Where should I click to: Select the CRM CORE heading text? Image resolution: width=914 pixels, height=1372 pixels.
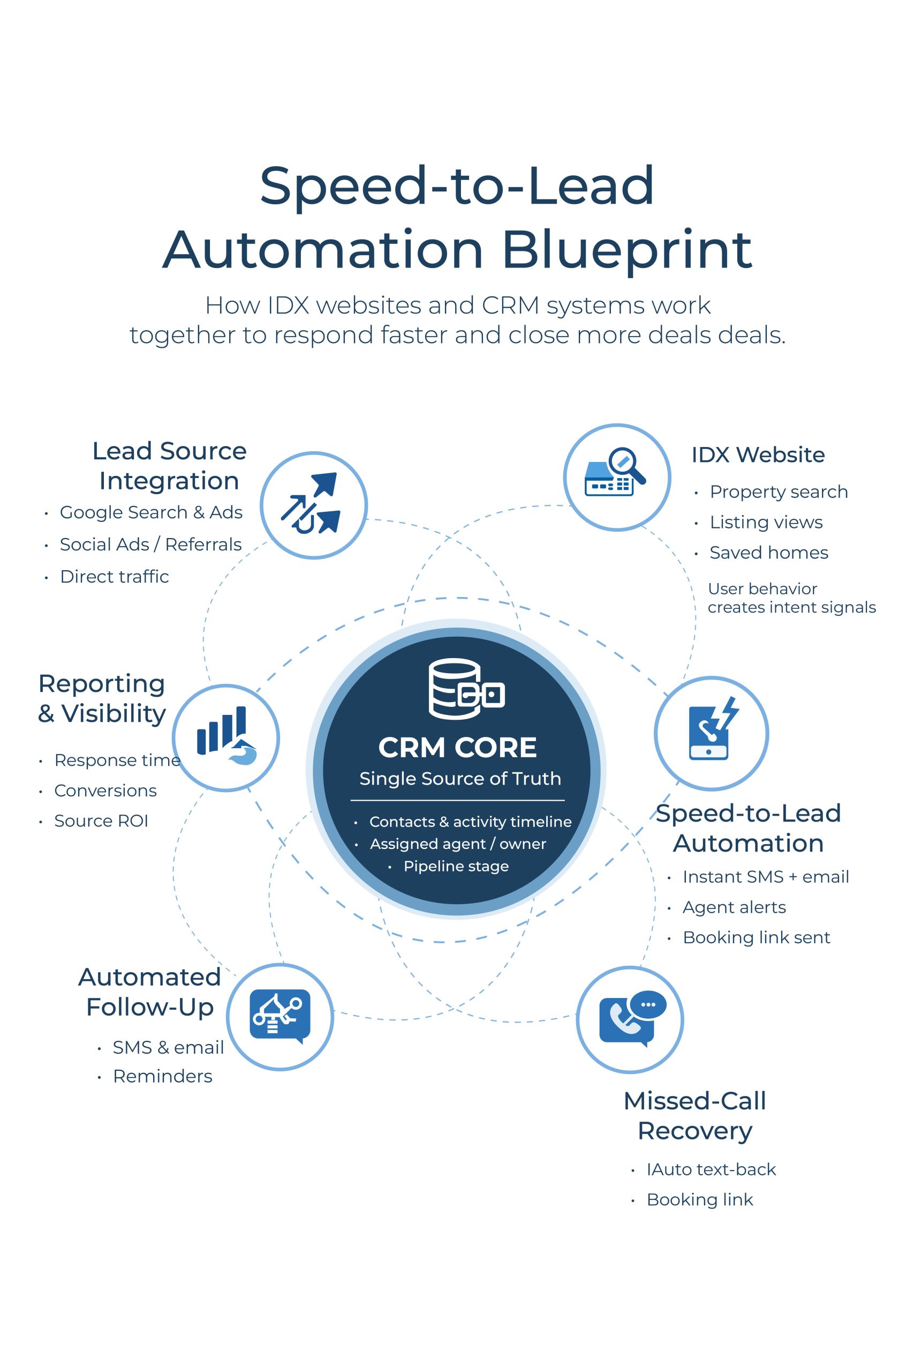tap(457, 747)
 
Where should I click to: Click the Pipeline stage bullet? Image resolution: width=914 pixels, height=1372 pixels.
tap(456, 866)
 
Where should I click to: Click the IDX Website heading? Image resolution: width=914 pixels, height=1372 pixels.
tap(758, 454)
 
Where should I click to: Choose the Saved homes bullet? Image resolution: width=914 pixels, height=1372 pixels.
tap(768, 553)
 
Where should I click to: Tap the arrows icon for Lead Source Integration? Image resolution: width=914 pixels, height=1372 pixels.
tap(313, 504)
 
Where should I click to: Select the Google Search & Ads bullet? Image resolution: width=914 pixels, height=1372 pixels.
tap(151, 512)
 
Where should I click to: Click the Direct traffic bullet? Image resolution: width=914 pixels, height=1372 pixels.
tap(114, 576)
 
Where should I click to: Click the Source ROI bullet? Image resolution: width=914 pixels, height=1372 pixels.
tap(101, 821)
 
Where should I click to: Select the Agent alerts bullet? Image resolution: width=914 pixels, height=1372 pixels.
tap(734, 907)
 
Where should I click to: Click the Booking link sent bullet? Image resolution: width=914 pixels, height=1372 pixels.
tap(756, 937)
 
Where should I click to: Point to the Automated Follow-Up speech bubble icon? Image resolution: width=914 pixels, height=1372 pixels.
tap(280, 1016)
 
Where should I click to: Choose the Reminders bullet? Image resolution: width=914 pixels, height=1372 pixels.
tap(163, 1076)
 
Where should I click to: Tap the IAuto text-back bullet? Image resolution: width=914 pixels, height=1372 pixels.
tap(711, 1169)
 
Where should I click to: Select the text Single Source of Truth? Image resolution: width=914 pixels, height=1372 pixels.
tap(460, 778)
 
